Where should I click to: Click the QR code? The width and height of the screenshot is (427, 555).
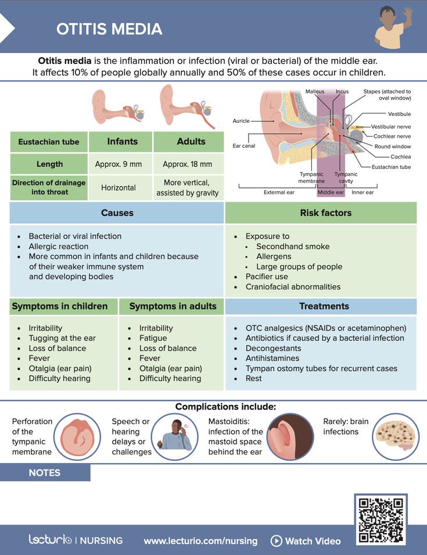381,520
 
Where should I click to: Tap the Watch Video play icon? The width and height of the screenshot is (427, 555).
276,541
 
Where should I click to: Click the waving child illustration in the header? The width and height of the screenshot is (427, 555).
393,27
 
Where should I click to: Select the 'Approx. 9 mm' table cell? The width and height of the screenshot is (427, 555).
119,164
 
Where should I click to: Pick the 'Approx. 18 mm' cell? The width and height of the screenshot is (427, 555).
187,164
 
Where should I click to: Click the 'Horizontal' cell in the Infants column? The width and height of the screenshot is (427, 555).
119,187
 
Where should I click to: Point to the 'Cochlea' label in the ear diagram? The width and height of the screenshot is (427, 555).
400,157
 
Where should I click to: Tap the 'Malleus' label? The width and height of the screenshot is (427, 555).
315,91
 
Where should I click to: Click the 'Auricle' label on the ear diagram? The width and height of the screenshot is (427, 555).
241,120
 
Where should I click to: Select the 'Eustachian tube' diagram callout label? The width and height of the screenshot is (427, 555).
391,167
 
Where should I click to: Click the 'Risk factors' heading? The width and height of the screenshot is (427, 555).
325,213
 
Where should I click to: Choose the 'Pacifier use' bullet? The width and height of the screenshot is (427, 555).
267,276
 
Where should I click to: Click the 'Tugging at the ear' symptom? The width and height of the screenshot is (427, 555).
62,338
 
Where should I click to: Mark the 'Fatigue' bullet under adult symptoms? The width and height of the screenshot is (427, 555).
153,338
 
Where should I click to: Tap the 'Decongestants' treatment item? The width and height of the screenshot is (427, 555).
273,348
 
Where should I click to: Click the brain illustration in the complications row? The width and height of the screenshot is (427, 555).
396,437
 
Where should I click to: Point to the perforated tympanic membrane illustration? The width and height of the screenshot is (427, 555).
77,437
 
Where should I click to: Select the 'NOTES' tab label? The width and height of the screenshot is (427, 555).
45,472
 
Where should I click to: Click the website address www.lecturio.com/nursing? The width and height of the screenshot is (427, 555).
200,541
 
